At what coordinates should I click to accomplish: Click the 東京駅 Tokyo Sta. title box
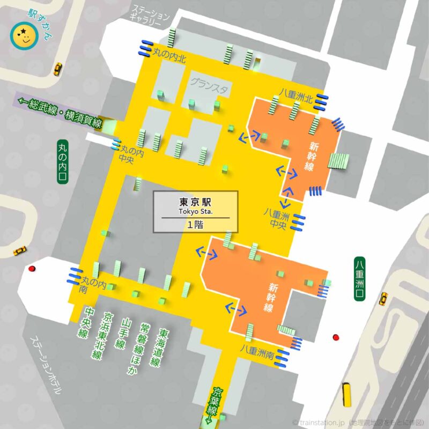196,212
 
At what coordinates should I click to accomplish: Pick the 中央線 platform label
83,322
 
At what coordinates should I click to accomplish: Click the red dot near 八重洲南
336,337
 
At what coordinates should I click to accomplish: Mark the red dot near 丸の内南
32,268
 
